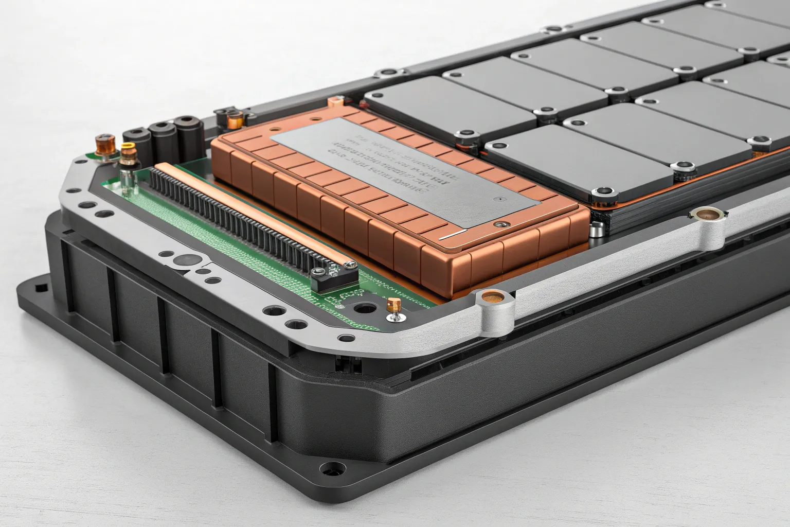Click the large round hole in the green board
coord(366,309)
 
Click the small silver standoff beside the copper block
coord(596,230)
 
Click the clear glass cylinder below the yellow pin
coord(127,176)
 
